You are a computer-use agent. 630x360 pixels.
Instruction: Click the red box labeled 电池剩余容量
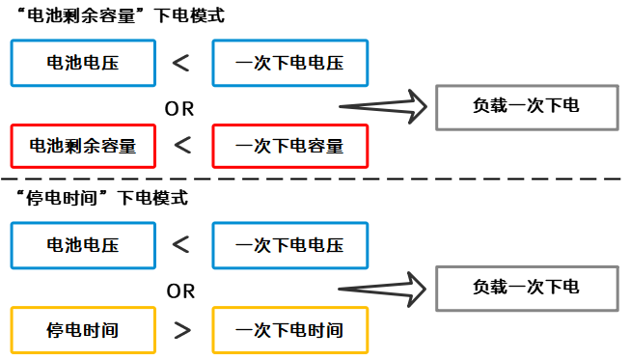pyautogui.click(x=83, y=147)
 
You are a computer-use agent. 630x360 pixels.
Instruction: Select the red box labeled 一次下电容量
pyautogui.click(x=290, y=147)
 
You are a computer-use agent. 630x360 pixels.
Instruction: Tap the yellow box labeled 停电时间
pyautogui.click(x=83, y=330)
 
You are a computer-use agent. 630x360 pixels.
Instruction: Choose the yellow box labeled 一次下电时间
pyautogui.click(x=290, y=330)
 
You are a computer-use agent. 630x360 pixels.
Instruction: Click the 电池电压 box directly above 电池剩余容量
pyautogui.click(x=83, y=64)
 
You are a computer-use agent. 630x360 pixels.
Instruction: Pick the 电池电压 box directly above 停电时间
pyautogui.click(x=83, y=246)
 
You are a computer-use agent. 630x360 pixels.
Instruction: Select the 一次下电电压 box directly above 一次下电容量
pyautogui.click(x=290, y=64)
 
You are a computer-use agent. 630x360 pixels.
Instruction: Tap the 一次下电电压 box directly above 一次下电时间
pyautogui.click(x=290, y=246)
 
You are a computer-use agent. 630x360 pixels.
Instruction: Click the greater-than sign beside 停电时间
pyautogui.click(x=181, y=331)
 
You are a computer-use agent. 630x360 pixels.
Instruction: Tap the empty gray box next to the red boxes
pyautogui.click(x=527, y=107)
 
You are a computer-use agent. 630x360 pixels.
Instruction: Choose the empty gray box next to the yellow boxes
pyautogui.click(x=527, y=289)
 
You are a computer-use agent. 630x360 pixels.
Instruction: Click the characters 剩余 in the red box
pyautogui.click(x=83, y=147)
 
